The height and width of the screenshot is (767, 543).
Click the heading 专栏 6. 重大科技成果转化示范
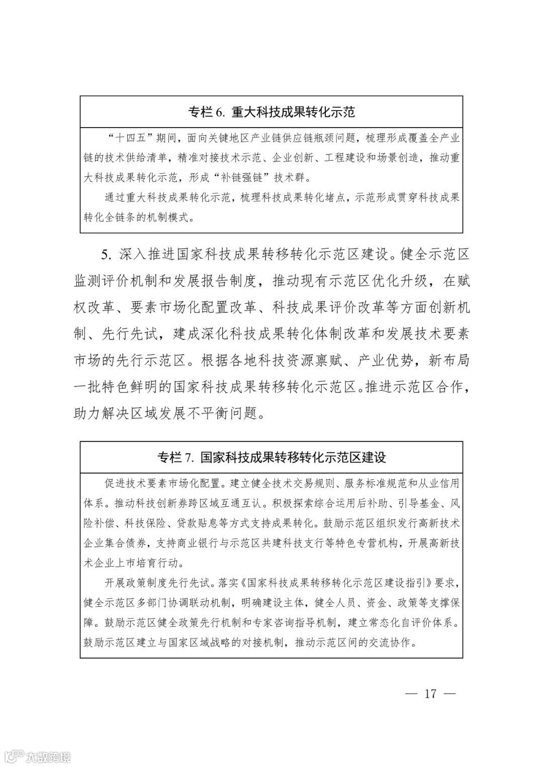[x=271, y=112]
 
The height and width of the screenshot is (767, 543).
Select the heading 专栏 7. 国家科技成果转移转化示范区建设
[x=271, y=457]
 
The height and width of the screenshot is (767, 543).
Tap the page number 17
[x=430, y=694]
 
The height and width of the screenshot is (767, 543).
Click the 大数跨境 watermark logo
[x=35, y=755]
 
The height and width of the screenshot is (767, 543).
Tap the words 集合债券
[x=126, y=543]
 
